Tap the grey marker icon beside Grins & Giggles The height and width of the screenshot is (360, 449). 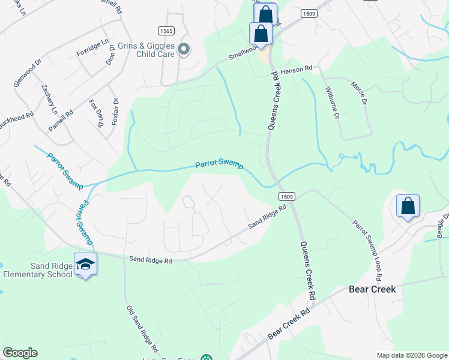coord(184,49)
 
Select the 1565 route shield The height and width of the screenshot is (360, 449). coord(166,31)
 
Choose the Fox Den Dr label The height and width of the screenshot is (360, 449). coord(95,114)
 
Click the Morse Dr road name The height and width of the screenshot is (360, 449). coord(358,94)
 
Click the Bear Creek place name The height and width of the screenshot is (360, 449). coord(372,289)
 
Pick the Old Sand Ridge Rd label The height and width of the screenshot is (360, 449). coord(142,329)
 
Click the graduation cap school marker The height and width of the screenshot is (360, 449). coord(85,265)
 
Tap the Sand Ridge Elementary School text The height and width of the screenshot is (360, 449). coord(37,270)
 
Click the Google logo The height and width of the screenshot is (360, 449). coord(20,353)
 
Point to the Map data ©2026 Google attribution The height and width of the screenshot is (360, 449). coord(411,355)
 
